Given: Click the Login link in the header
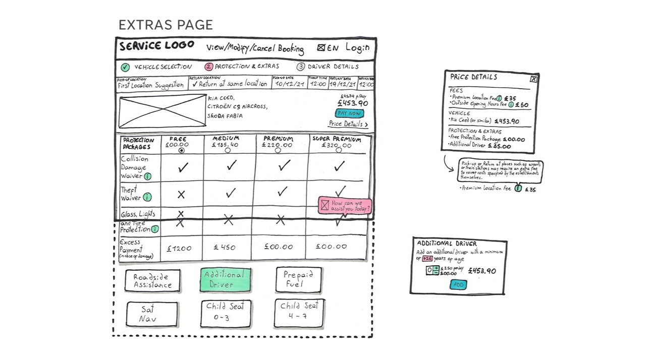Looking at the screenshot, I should (x=357, y=48).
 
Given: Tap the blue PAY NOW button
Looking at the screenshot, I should (x=349, y=113).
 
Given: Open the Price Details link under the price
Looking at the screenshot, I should (x=348, y=124).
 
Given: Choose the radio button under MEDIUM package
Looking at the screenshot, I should (x=228, y=150).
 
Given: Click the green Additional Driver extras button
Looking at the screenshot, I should (x=225, y=280).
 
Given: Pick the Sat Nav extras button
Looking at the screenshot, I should (x=152, y=314).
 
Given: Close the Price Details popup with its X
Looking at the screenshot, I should (x=533, y=79).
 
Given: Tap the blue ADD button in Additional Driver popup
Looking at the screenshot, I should (x=458, y=285).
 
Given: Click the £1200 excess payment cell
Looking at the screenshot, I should (x=179, y=248).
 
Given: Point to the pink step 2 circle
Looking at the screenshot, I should (x=208, y=67).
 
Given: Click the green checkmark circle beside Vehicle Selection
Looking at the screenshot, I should (x=125, y=67).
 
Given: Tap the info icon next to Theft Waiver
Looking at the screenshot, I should (x=147, y=197).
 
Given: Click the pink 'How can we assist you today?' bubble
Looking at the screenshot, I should (x=345, y=205).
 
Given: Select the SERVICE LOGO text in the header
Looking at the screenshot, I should (x=157, y=46).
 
